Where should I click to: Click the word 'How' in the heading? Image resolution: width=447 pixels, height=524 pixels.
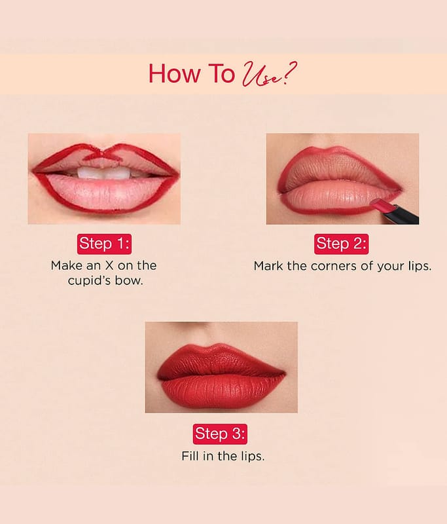(x=174, y=73)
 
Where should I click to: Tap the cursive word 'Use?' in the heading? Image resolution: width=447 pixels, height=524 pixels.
(x=269, y=74)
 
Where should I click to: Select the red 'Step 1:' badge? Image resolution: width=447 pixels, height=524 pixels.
(x=104, y=244)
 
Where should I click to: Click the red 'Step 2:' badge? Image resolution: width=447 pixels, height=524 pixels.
(x=341, y=244)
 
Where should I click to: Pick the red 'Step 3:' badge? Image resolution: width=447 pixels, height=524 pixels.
(x=220, y=434)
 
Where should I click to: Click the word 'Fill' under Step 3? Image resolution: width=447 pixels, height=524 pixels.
(x=190, y=456)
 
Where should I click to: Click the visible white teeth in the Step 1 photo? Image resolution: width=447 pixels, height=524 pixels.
(x=104, y=172)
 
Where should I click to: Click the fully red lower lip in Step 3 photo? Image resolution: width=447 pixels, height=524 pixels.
(x=221, y=391)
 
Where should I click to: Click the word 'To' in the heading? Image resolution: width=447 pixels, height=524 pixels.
(x=222, y=73)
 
